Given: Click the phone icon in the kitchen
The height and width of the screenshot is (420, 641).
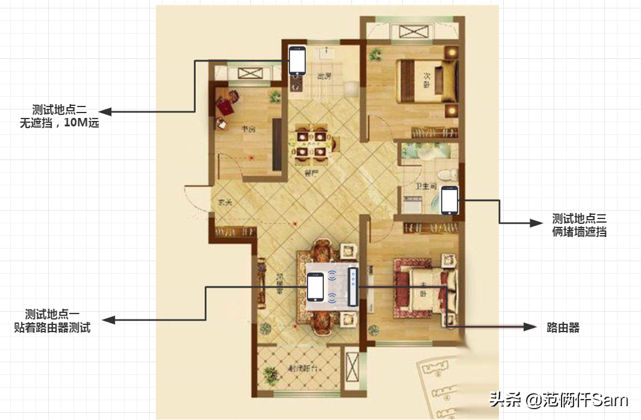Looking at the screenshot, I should (x=297, y=60).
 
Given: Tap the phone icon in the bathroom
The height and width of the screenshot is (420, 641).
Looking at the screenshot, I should (x=450, y=200).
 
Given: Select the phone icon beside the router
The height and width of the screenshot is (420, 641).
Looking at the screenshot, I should (x=315, y=287).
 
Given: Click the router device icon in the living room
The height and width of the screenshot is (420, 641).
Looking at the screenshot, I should (x=352, y=287).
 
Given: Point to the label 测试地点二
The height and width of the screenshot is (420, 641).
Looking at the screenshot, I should (x=60, y=110).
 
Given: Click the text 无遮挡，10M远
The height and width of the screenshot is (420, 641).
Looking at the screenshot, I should (x=60, y=124).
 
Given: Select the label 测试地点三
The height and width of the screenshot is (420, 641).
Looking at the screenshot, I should (x=580, y=218).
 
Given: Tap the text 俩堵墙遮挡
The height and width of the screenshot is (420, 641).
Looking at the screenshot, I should (x=580, y=232).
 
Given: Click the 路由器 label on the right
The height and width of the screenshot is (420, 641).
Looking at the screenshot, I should (x=563, y=327).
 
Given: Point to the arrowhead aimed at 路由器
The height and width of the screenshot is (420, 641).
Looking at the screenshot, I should (x=530, y=327).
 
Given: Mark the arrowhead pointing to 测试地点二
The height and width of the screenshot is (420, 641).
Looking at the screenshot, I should (x=105, y=111).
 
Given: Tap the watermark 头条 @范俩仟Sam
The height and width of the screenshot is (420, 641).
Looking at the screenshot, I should (x=559, y=400).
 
